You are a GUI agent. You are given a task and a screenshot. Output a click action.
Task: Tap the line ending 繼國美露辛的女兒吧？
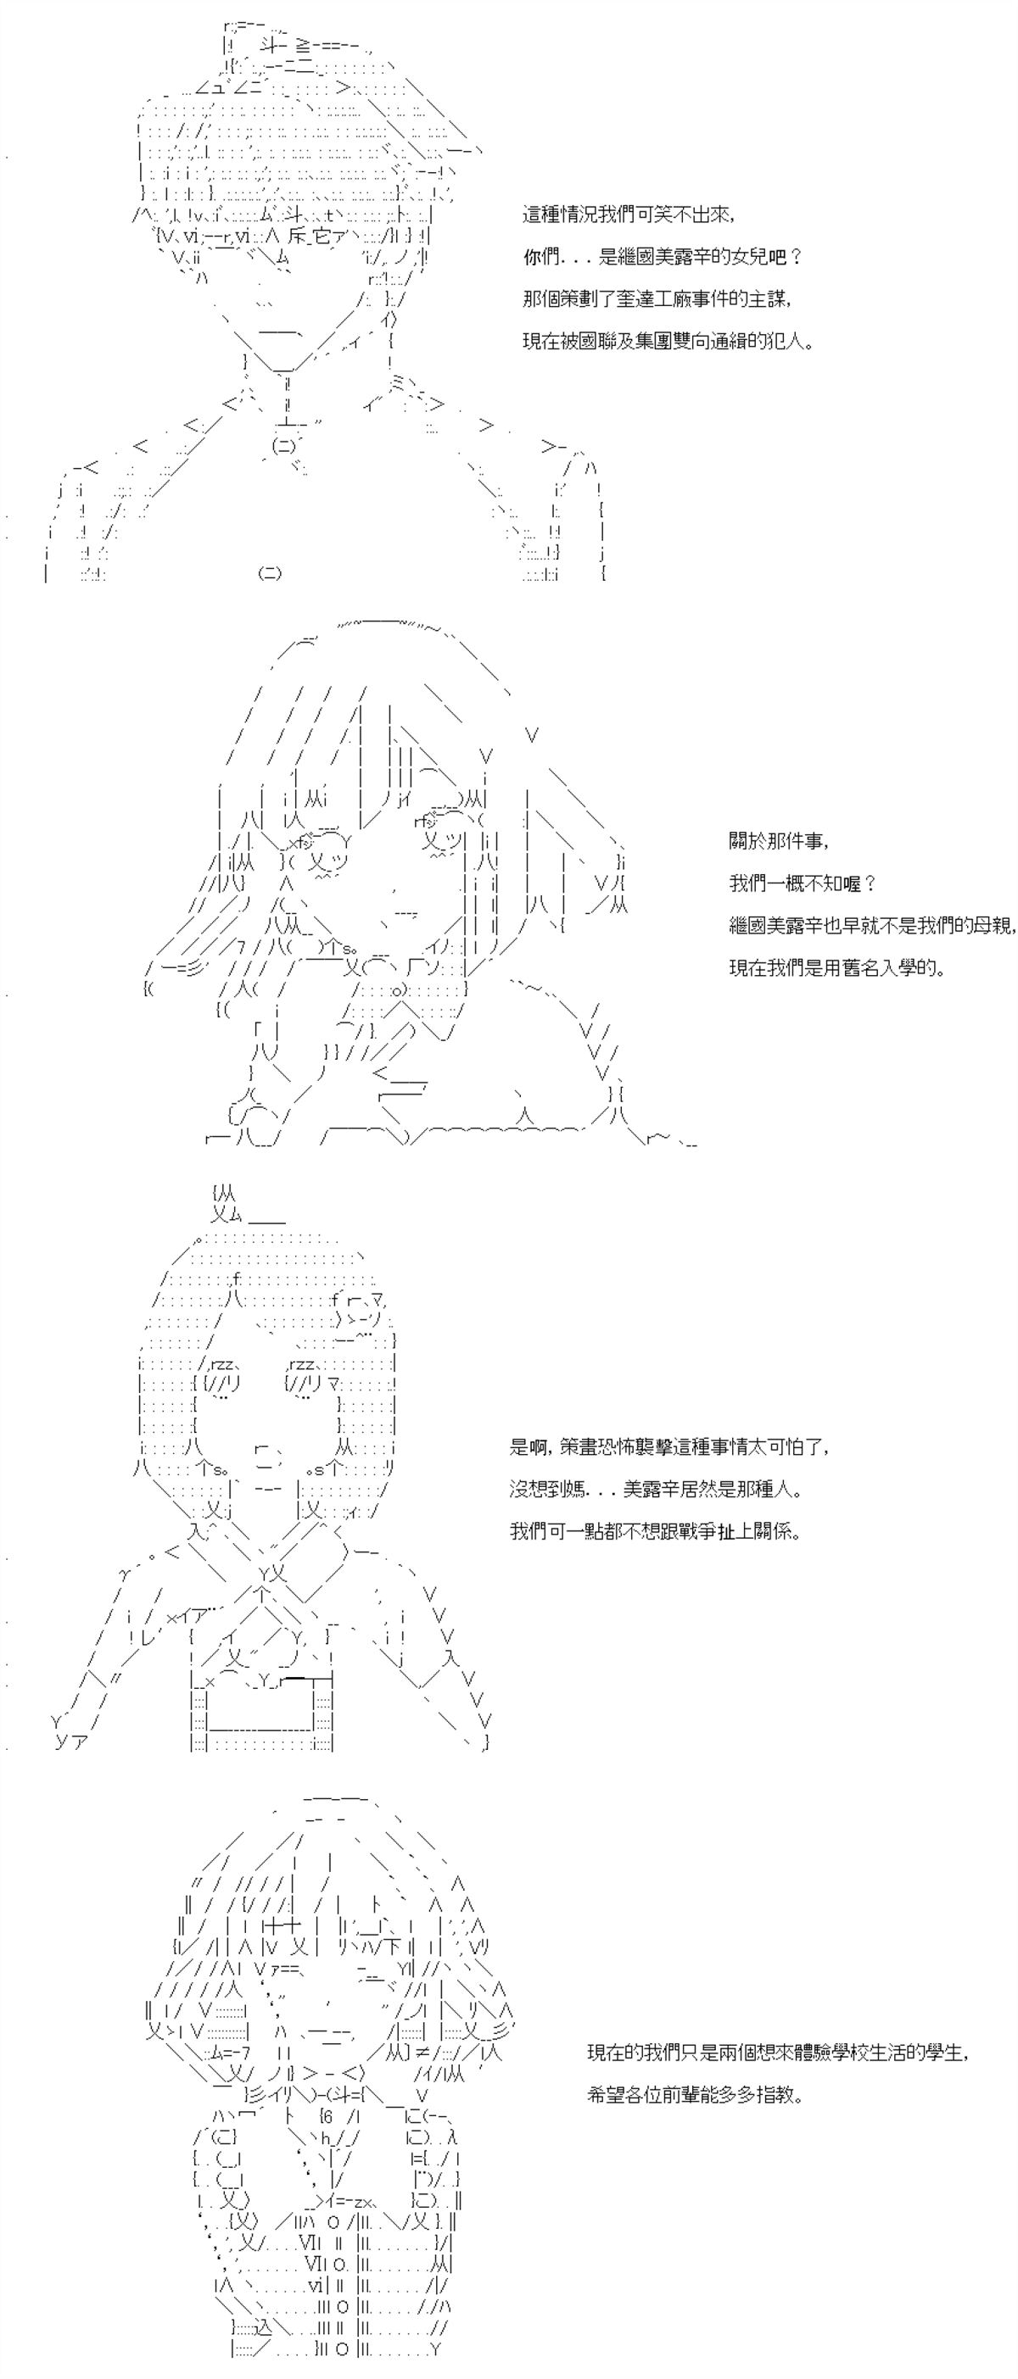pyautogui.click(x=663, y=258)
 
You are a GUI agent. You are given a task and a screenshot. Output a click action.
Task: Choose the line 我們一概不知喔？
pyautogui.click(x=802, y=883)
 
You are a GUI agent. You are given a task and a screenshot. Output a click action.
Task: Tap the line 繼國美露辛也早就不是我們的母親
pyautogui.click(x=872, y=927)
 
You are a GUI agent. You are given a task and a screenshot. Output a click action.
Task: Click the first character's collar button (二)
pyautogui.click(x=283, y=445)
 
